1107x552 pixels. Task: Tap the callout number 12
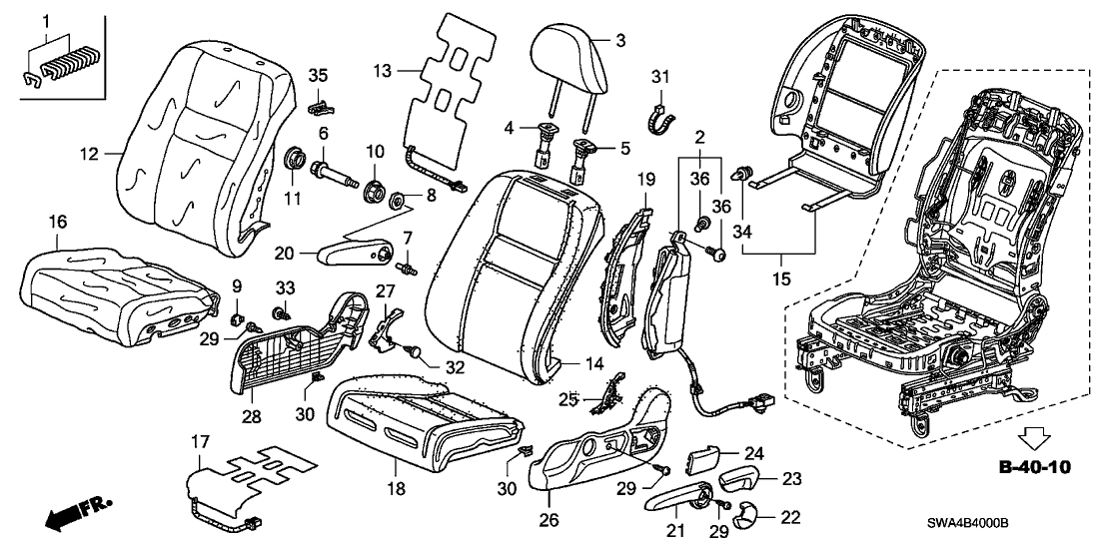[91, 154]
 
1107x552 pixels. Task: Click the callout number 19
[645, 180]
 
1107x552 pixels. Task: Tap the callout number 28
[252, 414]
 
